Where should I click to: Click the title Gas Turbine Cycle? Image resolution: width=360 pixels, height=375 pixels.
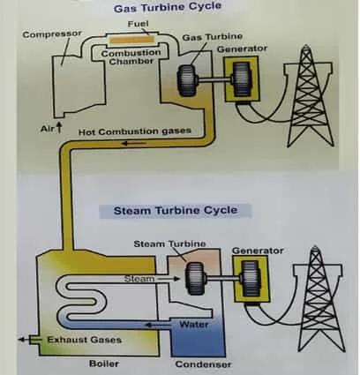click(x=180, y=9)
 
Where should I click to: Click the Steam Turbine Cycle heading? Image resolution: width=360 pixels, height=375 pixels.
click(x=169, y=211)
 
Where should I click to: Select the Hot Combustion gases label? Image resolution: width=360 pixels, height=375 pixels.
click(x=134, y=131)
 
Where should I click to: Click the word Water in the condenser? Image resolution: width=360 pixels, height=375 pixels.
click(x=192, y=325)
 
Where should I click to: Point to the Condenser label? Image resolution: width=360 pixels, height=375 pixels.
click(x=202, y=364)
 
